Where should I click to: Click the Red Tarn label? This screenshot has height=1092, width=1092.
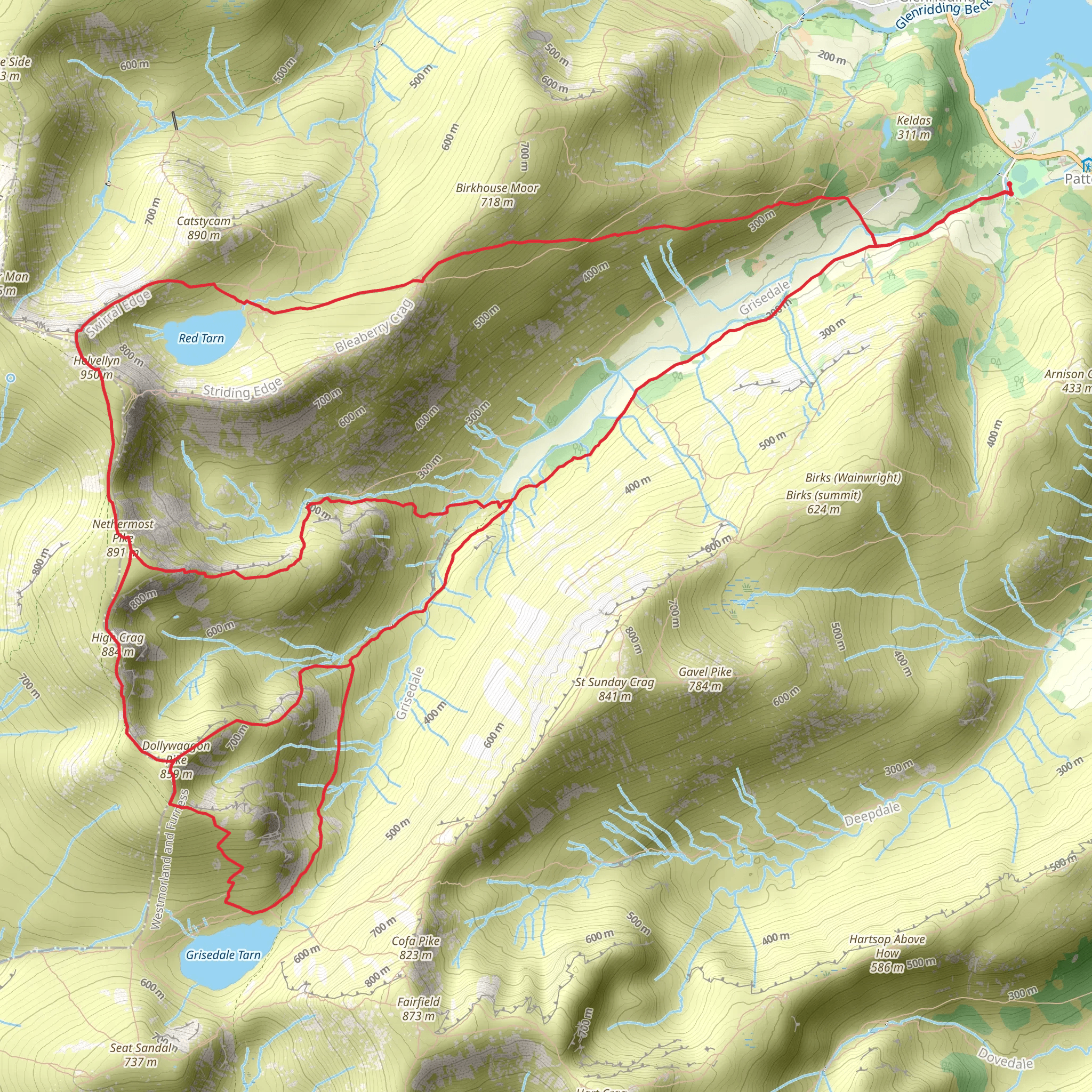point(201,339)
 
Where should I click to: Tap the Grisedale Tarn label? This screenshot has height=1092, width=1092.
point(223,954)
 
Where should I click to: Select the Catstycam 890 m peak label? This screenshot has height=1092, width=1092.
point(204,228)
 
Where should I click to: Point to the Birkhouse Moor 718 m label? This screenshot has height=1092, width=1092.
point(497,195)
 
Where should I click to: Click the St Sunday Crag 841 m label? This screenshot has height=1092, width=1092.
point(615,689)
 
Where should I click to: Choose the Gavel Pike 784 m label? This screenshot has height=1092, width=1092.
point(705,679)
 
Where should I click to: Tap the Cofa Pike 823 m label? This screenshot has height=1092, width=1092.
point(416,948)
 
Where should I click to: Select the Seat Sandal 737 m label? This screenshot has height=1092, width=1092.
point(141,1055)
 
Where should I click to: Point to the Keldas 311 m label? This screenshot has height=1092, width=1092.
point(914,127)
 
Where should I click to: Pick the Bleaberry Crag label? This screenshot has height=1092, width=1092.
point(375,327)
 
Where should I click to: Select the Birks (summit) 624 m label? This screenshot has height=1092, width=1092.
point(823,502)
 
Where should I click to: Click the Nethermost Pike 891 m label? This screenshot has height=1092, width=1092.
point(123,537)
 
